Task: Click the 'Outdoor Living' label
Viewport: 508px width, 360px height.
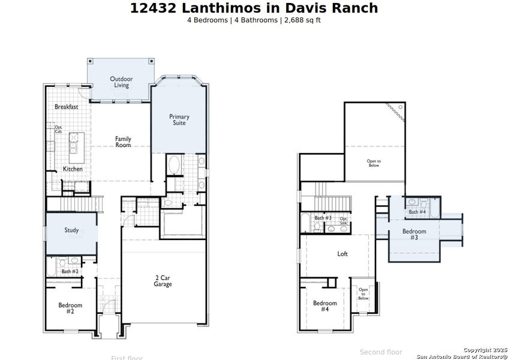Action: pyautogui.click(x=121, y=82)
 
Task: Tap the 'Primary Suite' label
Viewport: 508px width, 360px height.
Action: pyautogui.click(x=179, y=119)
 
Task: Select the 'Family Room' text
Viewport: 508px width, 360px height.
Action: pyautogui.click(x=123, y=142)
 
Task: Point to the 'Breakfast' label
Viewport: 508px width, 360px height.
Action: pyautogui.click(x=66, y=107)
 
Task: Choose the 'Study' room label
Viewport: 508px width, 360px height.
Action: pyautogui.click(x=71, y=230)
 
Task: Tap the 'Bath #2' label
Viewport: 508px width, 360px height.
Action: pyautogui.click(x=70, y=272)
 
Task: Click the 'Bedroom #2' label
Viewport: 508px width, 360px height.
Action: pyautogui.click(x=70, y=308)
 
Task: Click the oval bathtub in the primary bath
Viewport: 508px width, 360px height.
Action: pyautogui.click(x=174, y=164)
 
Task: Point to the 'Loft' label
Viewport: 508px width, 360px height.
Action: pyautogui.click(x=342, y=254)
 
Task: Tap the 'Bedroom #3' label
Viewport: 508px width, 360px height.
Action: pyautogui.click(x=414, y=235)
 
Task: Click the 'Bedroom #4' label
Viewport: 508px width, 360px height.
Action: pyautogui.click(x=324, y=306)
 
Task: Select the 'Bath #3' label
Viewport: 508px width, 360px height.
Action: pyautogui.click(x=323, y=218)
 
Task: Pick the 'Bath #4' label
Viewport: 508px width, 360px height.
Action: pyautogui.click(x=417, y=212)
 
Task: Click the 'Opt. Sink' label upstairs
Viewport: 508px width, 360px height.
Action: pyautogui.click(x=344, y=220)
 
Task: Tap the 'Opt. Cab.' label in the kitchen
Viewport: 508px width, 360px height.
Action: pyautogui.click(x=59, y=129)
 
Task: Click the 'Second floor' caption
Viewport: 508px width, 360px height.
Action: pyautogui.click(x=381, y=352)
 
